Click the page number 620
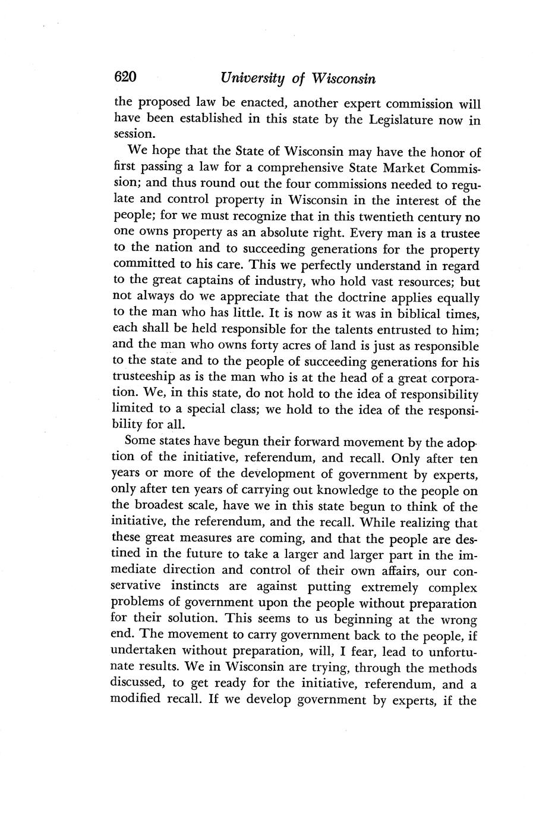125,77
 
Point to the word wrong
461,619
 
